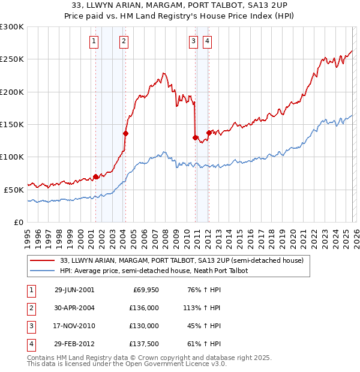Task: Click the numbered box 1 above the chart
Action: [x=94, y=41]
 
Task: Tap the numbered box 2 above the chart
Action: [x=123, y=41]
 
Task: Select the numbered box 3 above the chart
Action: [x=193, y=41]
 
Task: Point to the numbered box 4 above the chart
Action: [x=207, y=41]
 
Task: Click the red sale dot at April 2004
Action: [x=125, y=133]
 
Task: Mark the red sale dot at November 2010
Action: [x=196, y=137]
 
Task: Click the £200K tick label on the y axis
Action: [x=12, y=92]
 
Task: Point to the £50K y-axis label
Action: [x=14, y=190]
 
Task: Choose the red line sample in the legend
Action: [x=43, y=260]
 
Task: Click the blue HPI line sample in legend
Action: [x=43, y=271]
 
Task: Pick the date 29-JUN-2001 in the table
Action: [x=74, y=290]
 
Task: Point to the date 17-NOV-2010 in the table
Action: [x=74, y=326]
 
